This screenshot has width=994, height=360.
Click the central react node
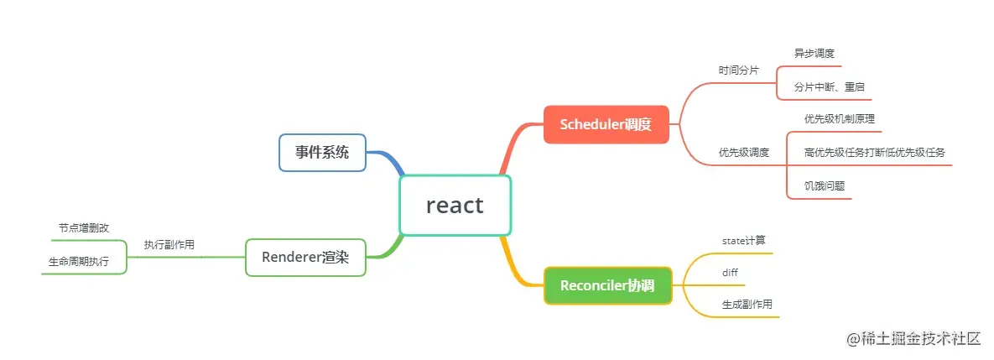pos(455,205)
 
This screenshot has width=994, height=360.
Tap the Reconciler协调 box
pos(607,285)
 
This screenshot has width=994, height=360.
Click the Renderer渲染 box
pos(305,257)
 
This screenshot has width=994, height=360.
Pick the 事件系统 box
pos(322,153)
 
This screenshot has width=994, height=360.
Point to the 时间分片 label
pos(738,70)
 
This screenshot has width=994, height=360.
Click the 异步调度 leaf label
pos(814,53)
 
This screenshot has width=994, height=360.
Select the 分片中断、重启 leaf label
pos(830,86)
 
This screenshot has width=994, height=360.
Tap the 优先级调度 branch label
pos(744,153)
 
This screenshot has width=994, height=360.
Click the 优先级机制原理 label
pos(840,119)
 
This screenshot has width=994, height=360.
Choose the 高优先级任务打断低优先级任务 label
pos(874,153)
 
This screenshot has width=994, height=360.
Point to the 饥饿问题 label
pos(825,186)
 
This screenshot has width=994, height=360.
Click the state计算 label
pos(744,241)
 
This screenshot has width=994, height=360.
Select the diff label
pos(730,273)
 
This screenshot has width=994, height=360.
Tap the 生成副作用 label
pos(747,305)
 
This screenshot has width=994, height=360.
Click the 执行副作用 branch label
pos(169,245)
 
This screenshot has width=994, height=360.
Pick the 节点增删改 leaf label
pos(84,228)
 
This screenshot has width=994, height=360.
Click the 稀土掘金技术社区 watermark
pos(913,339)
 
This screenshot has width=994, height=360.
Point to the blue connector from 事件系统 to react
pos(388,160)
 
